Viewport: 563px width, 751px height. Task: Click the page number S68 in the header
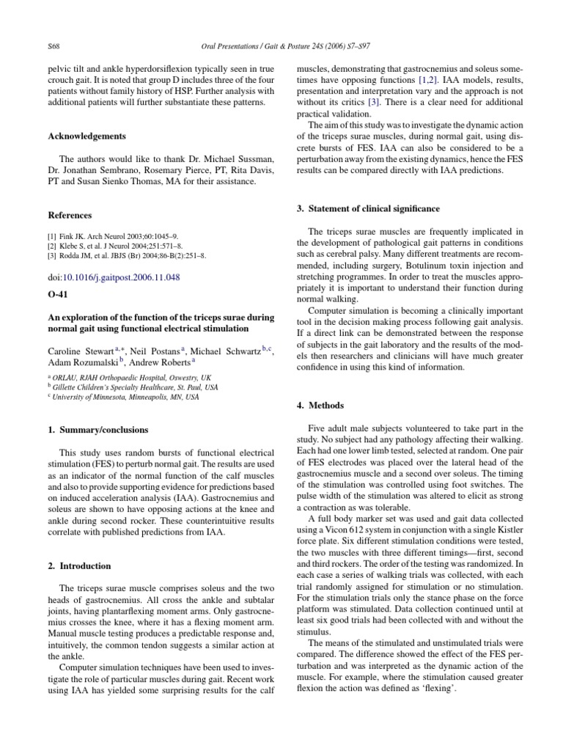(53, 46)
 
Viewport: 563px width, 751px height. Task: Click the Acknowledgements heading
(87, 136)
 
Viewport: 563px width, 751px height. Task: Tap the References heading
(70, 216)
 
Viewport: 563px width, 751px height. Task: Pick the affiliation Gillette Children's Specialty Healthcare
(136, 386)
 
